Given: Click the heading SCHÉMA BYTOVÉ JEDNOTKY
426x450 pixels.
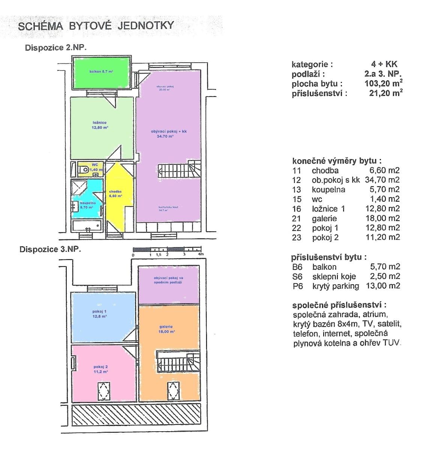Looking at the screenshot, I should click(x=96, y=26).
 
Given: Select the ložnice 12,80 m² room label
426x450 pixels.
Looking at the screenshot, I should click(x=100, y=125).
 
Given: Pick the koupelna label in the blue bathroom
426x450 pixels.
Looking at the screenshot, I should click(x=88, y=205).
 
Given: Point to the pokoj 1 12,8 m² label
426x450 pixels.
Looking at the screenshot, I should click(x=99, y=314).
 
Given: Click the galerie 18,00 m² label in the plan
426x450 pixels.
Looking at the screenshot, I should click(x=167, y=329).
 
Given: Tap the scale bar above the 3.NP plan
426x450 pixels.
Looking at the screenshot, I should click(x=167, y=249).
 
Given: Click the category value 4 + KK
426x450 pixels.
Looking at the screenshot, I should click(x=384, y=64).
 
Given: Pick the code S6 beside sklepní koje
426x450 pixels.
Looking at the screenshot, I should click(x=297, y=277).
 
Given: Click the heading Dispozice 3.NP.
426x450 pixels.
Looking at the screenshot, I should click(x=50, y=249).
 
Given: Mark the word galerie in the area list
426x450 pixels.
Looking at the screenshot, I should click(x=324, y=219).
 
